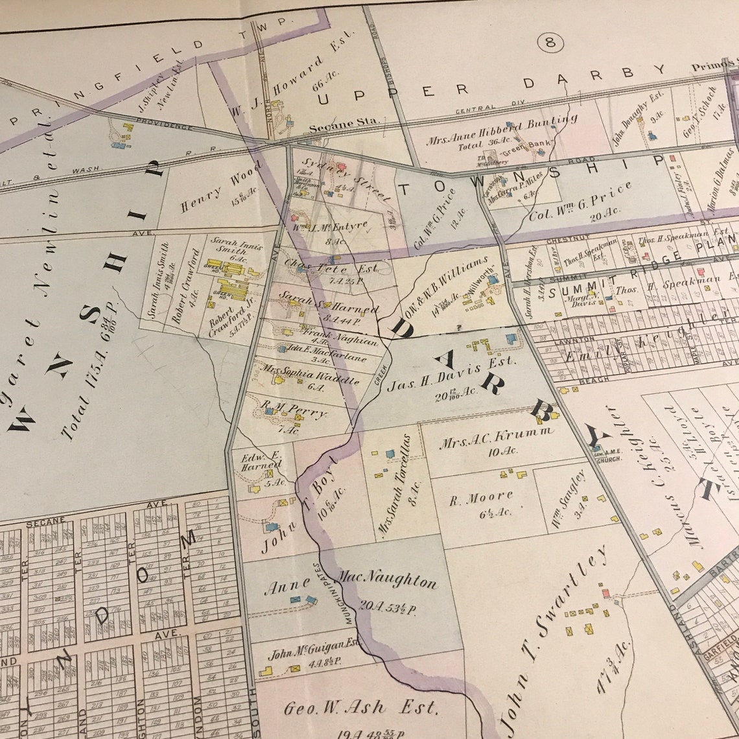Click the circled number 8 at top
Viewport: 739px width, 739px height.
pyautogui.click(x=550, y=43)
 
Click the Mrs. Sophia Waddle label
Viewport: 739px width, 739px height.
pyautogui.click(x=311, y=375)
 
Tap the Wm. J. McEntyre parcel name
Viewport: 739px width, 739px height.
pyautogui.click(x=330, y=227)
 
